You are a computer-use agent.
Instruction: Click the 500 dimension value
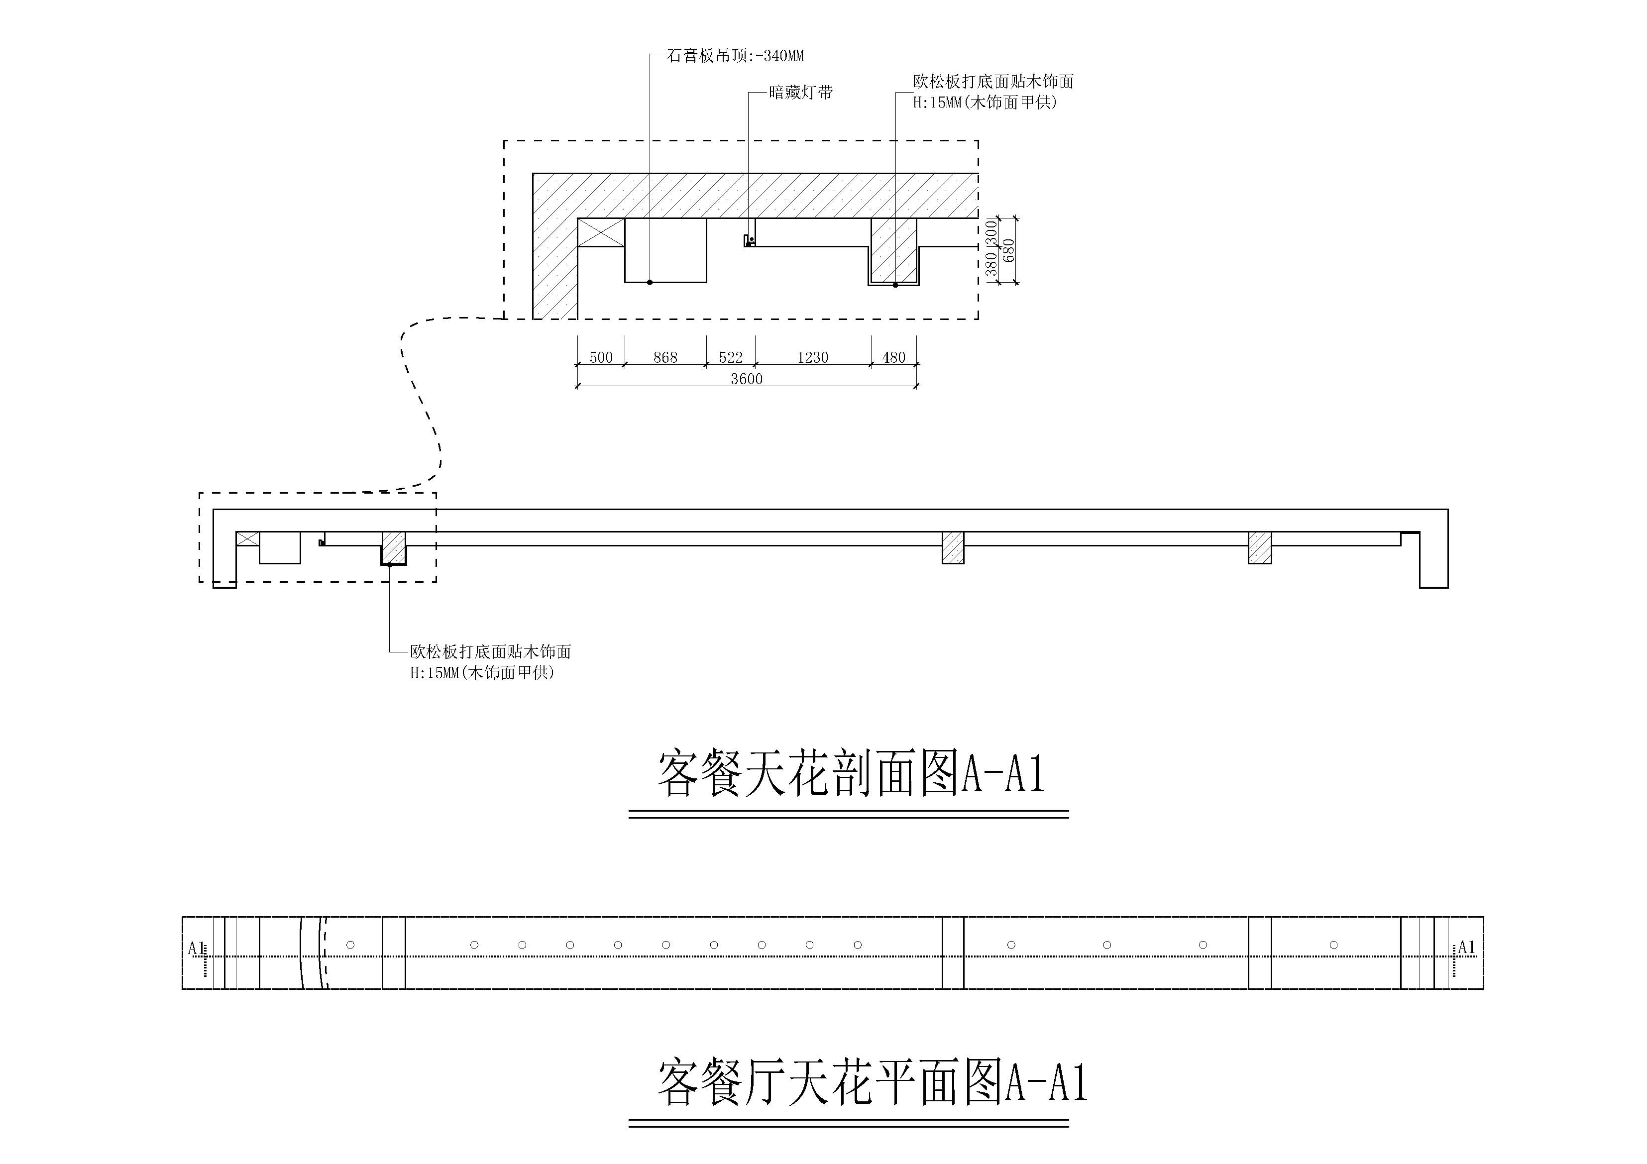pyautogui.click(x=601, y=357)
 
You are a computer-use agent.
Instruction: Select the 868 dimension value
pyautogui.click(x=665, y=357)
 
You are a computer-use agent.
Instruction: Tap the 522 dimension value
pyautogui.click(x=731, y=357)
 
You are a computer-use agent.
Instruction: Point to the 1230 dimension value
pyautogui.click(x=813, y=357)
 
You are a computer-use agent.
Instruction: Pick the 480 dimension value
pyautogui.click(x=894, y=357)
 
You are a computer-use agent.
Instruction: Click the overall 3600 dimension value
pyautogui.click(x=746, y=379)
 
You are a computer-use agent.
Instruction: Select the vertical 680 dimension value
pyautogui.click(x=1008, y=250)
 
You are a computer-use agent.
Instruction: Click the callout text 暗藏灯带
pyautogui.click(x=800, y=93)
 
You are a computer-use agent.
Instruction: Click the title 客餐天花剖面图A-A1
pyautogui.click(x=851, y=774)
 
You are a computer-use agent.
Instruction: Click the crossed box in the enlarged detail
pyautogui.click(x=601, y=232)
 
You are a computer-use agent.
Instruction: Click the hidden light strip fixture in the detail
pyautogui.click(x=749, y=241)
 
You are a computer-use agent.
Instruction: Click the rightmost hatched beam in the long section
pyautogui.click(x=1260, y=547)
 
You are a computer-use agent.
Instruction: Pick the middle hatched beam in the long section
pyautogui.click(x=953, y=548)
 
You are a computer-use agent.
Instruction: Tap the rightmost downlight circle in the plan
pyautogui.click(x=1333, y=945)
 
